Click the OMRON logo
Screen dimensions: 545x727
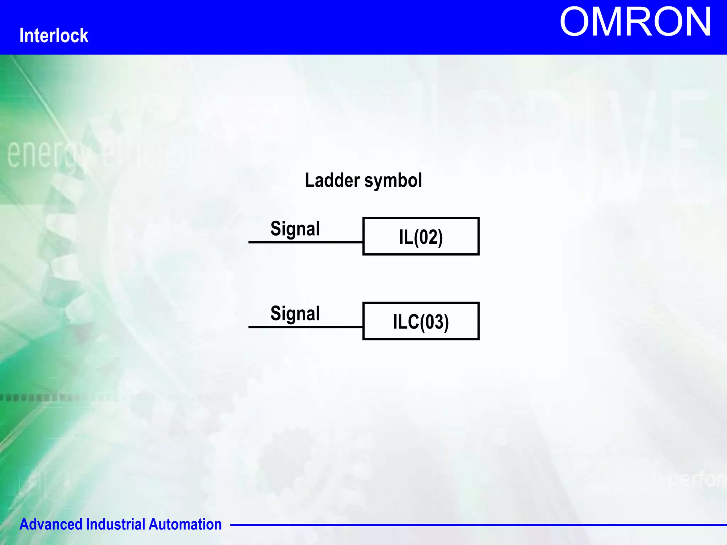[x=635, y=22]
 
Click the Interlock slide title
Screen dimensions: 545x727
[x=54, y=35]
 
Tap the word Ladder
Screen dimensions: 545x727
[x=332, y=180]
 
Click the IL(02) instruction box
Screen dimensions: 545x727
[x=421, y=236]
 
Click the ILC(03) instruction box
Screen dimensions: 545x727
[x=421, y=321]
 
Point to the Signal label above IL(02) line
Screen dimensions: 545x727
[x=295, y=229]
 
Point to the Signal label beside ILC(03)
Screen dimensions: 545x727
[x=295, y=313]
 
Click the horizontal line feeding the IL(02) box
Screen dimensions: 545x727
[x=305, y=242]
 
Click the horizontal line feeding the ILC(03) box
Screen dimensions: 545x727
[x=305, y=327]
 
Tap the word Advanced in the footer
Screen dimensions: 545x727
[x=51, y=524]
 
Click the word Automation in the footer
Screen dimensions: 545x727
[x=185, y=524]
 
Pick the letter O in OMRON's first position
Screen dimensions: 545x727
[x=575, y=22]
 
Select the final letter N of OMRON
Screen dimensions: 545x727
[x=696, y=22]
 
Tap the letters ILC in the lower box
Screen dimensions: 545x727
[x=406, y=322]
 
